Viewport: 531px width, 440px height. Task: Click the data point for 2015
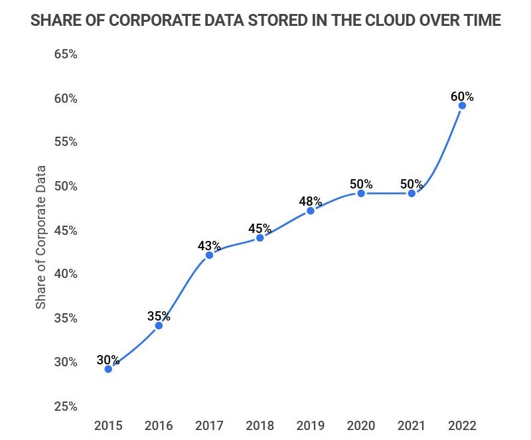pyautogui.click(x=108, y=368)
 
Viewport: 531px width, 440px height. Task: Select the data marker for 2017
pyautogui.click(x=209, y=255)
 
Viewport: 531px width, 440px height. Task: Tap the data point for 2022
pyautogui.click(x=462, y=106)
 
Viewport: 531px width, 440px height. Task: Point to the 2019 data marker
pyautogui.click(x=310, y=210)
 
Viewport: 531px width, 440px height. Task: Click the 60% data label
pyautogui.click(x=462, y=96)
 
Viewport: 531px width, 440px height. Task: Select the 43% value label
pyautogui.click(x=209, y=246)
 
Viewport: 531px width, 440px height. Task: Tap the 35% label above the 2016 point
pyautogui.click(x=159, y=315)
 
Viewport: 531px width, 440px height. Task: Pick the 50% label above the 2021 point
pyautogui.click(x=412, y=184)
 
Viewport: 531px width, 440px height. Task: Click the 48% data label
pyautogui.click(x=310, y=201)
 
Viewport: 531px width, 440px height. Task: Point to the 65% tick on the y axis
pyautogui.click(x=65, y=54)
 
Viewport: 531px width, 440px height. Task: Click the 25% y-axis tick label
pyautogui.click(x=65, y=406)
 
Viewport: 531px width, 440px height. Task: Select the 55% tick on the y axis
pyautogui.click(x=65, y=142)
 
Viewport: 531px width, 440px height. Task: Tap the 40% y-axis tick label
pyautogui.click(x=65, y=274)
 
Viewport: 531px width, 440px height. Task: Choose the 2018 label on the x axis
pyautogui.click(x=260, y=425)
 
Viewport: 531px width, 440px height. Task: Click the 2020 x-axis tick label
pyautogui.click(x=361, y=425)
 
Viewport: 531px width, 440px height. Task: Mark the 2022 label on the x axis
pyautogui.click(x=462, y=425)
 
